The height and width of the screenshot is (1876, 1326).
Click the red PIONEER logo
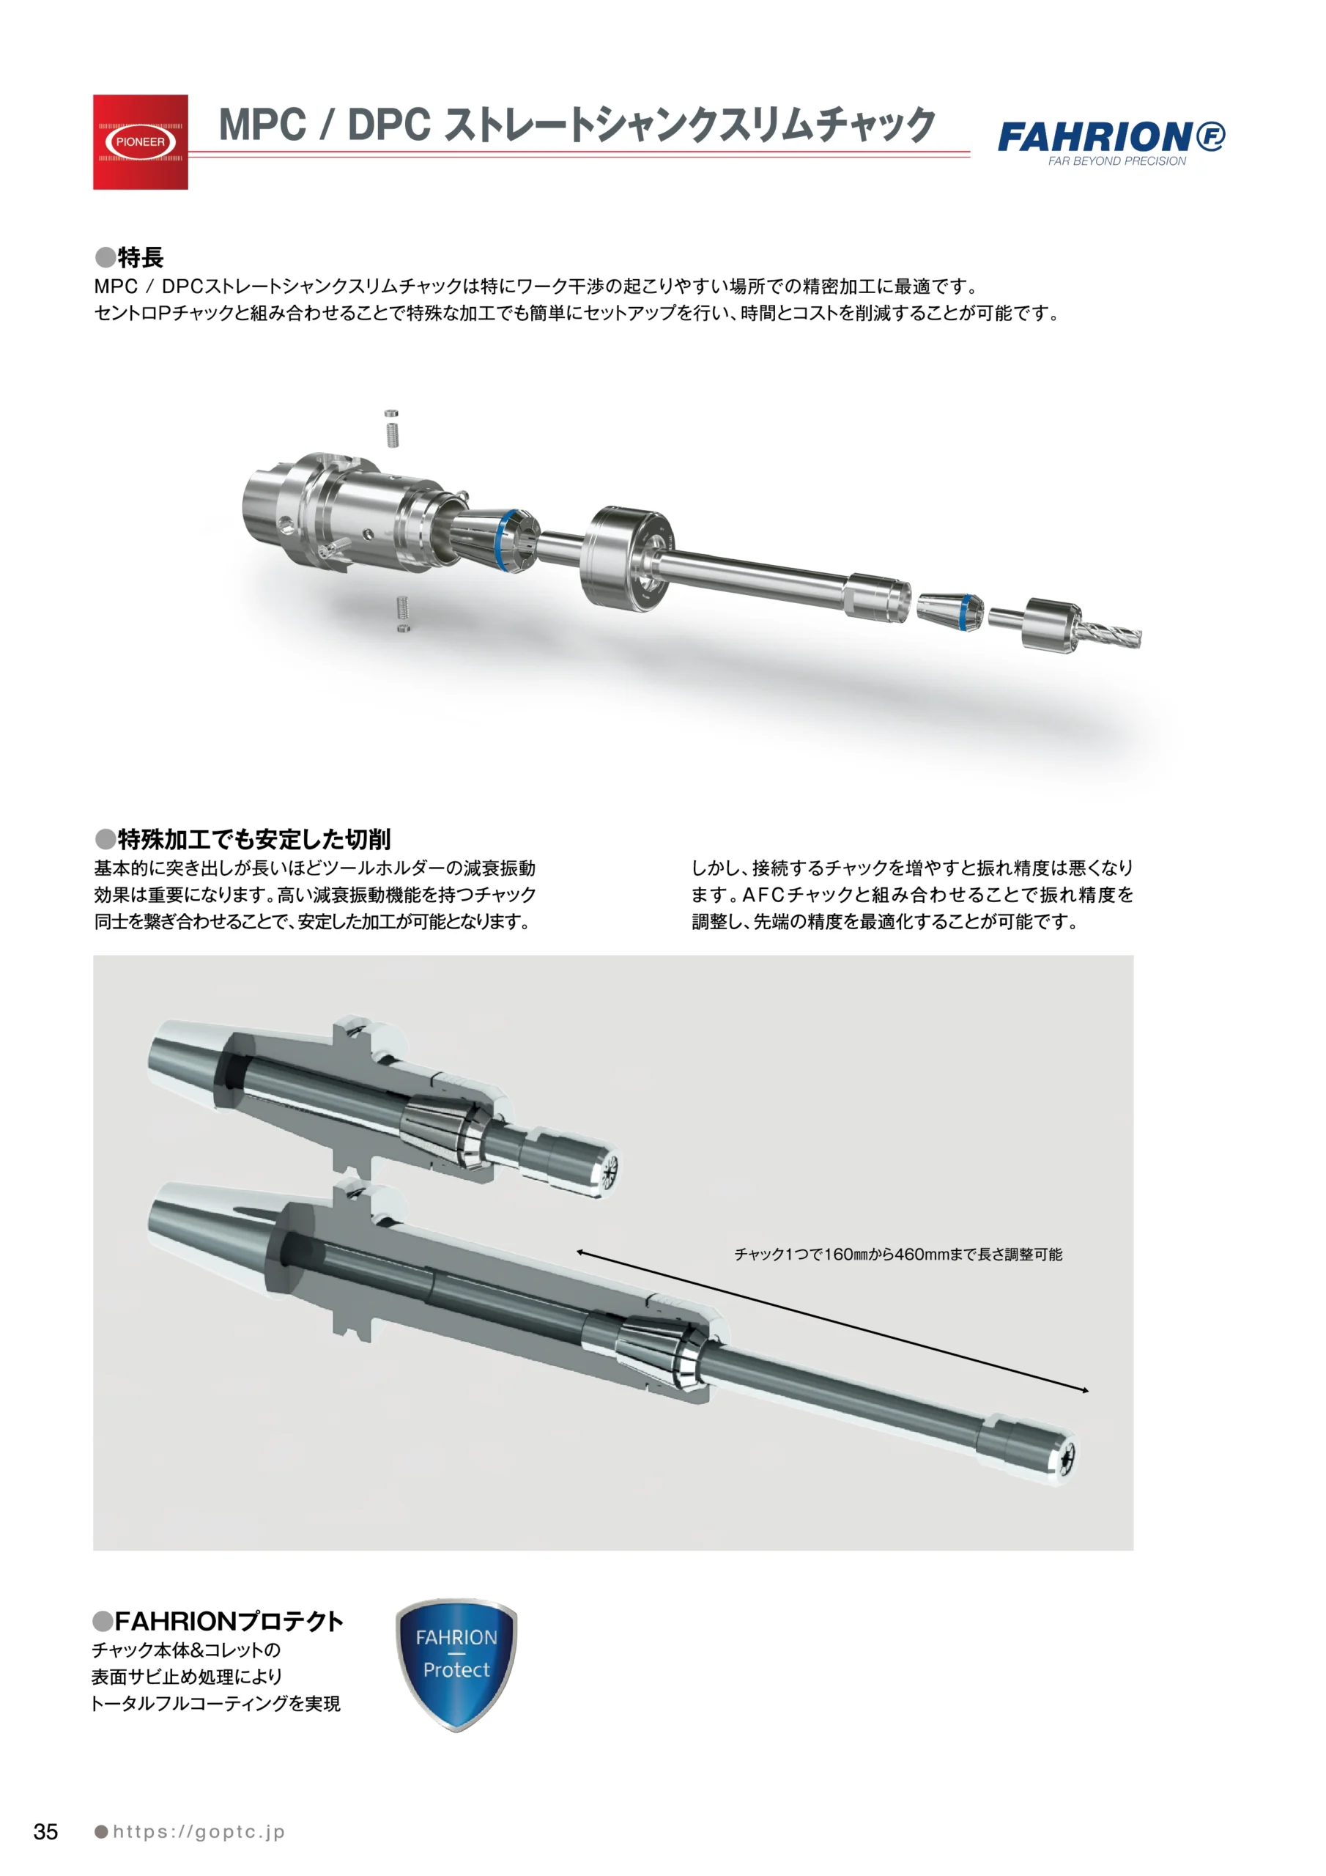click(141, 142)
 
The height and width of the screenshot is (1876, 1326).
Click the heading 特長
click(130, 257)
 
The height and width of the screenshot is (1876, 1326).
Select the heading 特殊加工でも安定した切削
click(242, 838)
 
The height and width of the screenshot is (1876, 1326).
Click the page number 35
click(45, 1831)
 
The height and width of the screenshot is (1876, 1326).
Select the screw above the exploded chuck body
click(392, 428)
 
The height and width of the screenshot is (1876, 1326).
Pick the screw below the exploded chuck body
click(402, 613)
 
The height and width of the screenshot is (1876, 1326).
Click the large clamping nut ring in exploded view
click(626, 559)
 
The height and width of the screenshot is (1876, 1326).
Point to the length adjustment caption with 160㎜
click(898, 1254)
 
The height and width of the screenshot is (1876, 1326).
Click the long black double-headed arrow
click(832, 1321)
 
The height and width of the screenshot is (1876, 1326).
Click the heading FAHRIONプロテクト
click(218, 1622)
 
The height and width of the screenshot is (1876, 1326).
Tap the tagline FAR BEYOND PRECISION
click(1117, 161)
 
